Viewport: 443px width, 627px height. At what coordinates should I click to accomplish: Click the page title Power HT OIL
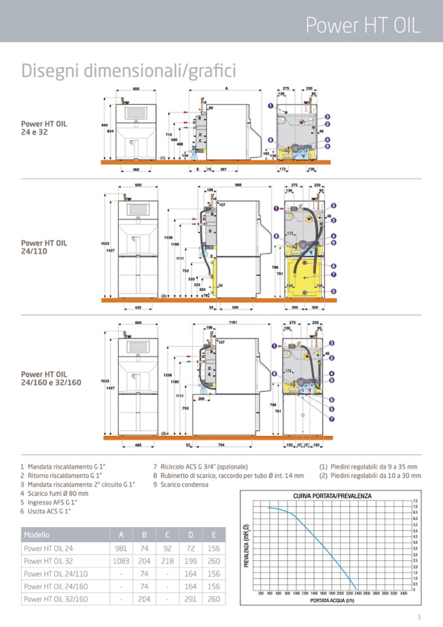coord(363,25)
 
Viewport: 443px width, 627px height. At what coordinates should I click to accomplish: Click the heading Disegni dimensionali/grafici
coord(129,70)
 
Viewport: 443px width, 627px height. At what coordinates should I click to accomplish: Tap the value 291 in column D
coord(191,599)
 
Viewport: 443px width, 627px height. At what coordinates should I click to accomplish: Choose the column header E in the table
coord(214,535)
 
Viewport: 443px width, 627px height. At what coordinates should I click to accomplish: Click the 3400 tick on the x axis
coord(403,593)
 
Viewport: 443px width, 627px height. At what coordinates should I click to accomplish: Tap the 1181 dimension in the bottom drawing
coord(232,322)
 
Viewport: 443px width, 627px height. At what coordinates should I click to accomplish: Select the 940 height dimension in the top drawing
coord(105,124)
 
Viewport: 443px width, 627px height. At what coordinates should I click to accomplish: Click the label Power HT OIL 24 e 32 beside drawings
coord(44,127)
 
